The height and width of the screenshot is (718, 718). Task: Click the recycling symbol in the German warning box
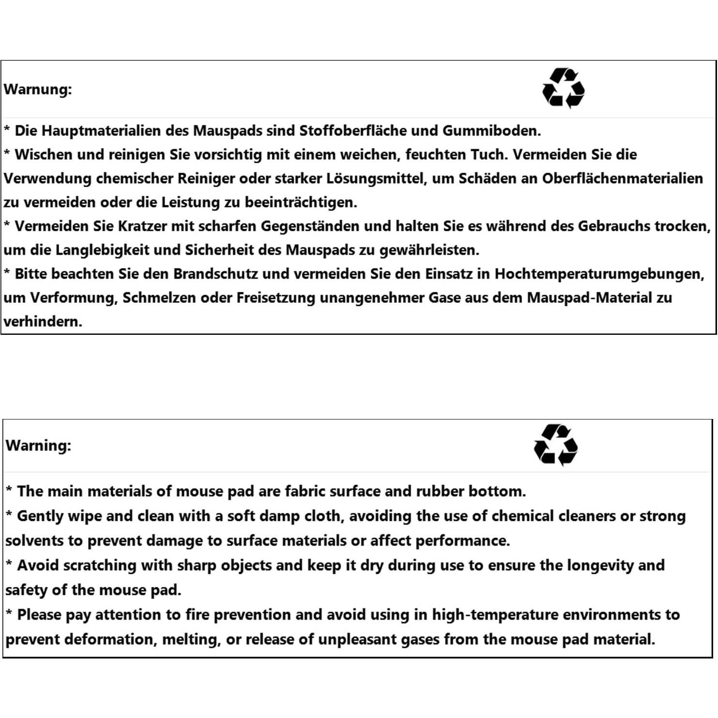pyautogui.click(x=563, y=88)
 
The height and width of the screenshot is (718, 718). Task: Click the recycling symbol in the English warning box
pyautogui.click(x=555, y=445)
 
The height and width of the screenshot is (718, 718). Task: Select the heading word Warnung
pyautogui.click(x=38, y=90)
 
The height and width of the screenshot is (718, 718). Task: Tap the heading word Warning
pyautogui.click(x=38, y=446)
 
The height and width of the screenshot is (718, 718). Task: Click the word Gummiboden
pyautogui.click(x=491, y=131)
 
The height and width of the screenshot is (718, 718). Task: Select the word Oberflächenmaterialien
pyautogui.click(x=622, y=179)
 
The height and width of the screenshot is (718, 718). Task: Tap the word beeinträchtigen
pyautogui.click(x=300, y=202)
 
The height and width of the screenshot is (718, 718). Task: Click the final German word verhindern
pyautogui.click(x=43, y=321)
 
